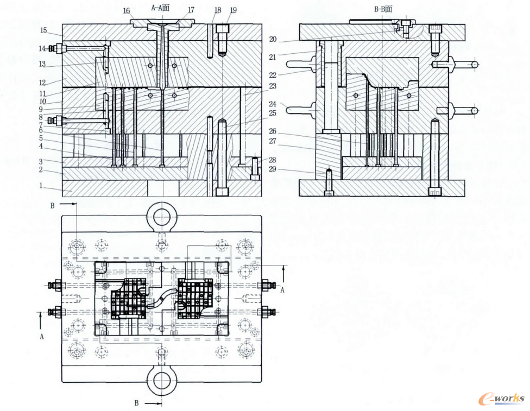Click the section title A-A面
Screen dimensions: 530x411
click(x=160, y=8)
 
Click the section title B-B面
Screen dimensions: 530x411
click(x=383, y=9)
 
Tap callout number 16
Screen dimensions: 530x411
click(x=127, y=11)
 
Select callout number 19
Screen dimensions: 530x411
click(x=233, y=10)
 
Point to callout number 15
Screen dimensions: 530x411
click(x=43, y=30)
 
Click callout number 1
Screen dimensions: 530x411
click(x=41, y=186)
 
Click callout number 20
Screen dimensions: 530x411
click(x=273, y=39)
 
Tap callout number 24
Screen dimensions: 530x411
click(x=273, y=104)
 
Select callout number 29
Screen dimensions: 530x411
click(x=273, y=169)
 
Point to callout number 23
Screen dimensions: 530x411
click(x=273, y=86)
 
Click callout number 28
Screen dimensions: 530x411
click(x=273, y=160)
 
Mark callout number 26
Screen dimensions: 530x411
click(x=273, y=131)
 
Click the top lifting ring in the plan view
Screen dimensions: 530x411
click(x=162, y=216)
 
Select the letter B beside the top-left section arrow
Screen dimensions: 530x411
click(x=52, y=206)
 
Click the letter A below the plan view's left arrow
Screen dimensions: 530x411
click(x=42, y=337)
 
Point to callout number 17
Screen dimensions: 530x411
click(x=191, y=10)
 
